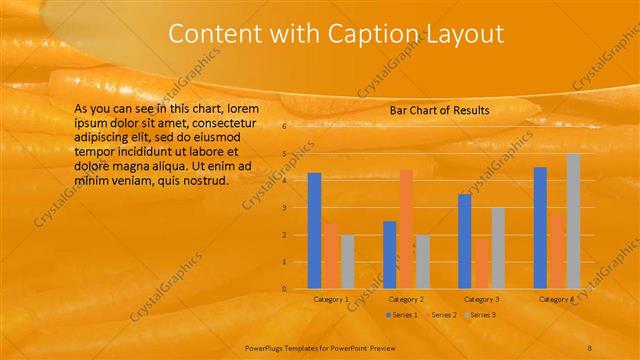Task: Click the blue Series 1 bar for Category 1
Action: (315, 230)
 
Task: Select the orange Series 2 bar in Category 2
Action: (406, 228)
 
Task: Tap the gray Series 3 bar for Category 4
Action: (573, 221)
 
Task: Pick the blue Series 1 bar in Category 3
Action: (465, 241)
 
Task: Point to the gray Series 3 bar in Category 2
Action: (422, 261)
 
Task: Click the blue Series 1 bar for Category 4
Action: (540, 227)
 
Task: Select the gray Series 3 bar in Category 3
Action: (497, 248)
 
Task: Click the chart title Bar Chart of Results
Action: (439, 110)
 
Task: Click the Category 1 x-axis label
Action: (331, 299)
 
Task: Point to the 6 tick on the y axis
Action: (285, 127)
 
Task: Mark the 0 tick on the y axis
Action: (285, 289)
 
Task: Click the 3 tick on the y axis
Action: (285, 208)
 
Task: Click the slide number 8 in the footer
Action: (591, 346)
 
